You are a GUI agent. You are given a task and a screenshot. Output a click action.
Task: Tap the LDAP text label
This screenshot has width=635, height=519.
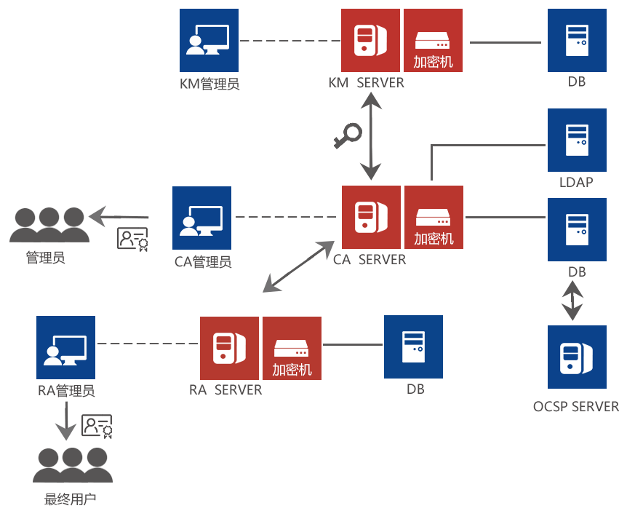click(576, 181)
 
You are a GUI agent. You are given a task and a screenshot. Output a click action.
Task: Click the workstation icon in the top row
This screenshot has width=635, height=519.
click(209, 41)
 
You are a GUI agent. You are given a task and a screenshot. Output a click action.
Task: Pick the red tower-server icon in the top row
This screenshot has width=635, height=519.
click(370, 40)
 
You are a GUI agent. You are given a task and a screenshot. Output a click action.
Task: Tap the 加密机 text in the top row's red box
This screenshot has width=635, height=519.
click(433, 62)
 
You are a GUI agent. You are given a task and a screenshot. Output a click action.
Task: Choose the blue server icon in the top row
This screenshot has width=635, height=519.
click(577, 40)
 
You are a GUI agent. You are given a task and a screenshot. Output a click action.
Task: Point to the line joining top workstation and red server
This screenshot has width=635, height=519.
click(289, 40)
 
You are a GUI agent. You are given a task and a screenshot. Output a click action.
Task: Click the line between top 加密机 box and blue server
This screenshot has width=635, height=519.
click(506, 42)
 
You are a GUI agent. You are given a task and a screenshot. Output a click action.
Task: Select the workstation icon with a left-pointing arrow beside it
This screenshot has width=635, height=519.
click(202, 217)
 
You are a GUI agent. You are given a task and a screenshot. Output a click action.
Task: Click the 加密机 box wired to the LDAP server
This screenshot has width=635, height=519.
click(434, 217)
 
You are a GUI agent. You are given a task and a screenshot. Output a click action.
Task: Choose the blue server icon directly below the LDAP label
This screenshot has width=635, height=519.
click(577, 228)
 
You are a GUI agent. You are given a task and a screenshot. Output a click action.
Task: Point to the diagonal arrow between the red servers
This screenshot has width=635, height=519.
click(298, 266)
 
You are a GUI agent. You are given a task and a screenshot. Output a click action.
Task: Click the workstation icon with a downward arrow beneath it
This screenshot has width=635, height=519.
click(65, 347)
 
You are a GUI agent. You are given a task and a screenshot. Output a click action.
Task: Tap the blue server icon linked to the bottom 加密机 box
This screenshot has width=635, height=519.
click(413, 346)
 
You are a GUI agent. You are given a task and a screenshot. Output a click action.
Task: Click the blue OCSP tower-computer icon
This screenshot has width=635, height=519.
click(577, 357)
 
